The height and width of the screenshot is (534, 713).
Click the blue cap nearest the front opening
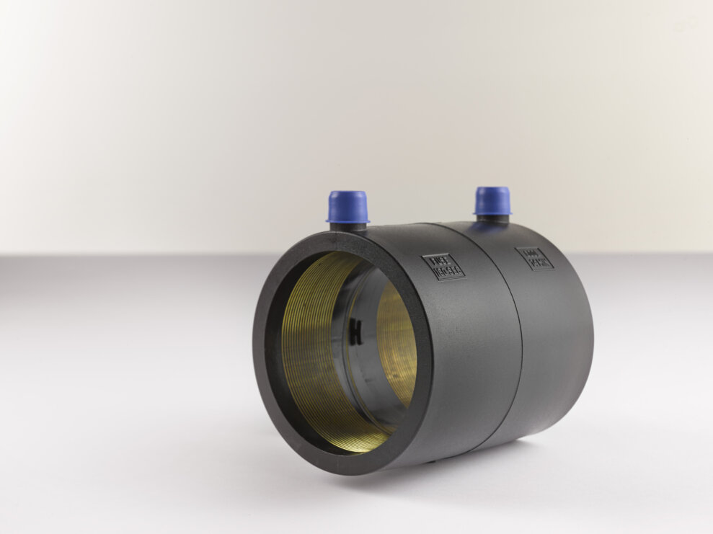(x=347, y=205)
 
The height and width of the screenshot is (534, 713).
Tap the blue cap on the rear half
(x=492, y=200)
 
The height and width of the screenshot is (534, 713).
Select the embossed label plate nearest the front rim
(x=448, y=266)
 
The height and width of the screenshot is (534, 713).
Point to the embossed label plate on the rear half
(x=534, y=259)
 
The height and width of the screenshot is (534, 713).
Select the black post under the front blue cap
(x=348, y=226)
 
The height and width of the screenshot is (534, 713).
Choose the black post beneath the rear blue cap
(x=493, y=218)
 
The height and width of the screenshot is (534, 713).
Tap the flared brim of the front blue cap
(x=347, y=218)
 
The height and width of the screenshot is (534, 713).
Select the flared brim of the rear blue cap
(x=492, y=211)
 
